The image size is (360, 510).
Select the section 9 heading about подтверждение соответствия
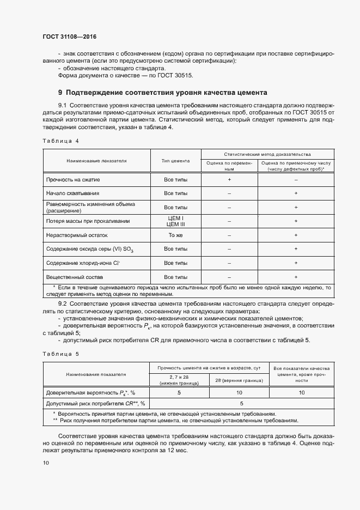coord(162,92)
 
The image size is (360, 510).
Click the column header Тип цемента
coord(175,161)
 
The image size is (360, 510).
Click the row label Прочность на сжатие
coord(73,179)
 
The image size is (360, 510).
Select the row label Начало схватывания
coord(72,193)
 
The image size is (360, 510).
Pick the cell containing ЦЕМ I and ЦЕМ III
coord(175,221)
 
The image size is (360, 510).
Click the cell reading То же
coord(175,235)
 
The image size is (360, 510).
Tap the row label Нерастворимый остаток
coord(77,235)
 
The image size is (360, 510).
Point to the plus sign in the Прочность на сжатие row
coord(229,179)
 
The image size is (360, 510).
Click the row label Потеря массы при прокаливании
coord(88,221)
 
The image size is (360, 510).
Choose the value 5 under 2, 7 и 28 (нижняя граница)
coord(179,392)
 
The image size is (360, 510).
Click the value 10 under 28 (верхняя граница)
coord(239,392)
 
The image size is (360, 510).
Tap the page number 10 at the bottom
coord(46,463)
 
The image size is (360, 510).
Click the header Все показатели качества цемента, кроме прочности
coord(301,375)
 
